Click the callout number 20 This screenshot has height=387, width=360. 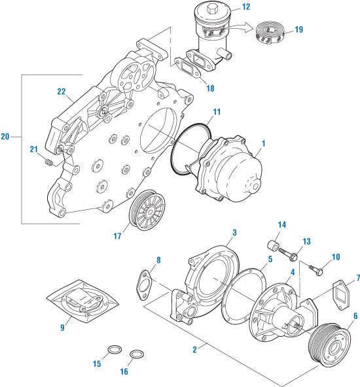pyautogui.click(x=5, y=137)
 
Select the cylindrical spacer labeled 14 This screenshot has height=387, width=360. pyautogui.click(x=271, y=249)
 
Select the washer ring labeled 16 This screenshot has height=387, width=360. pyautogui.click(x=137, y=355)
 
